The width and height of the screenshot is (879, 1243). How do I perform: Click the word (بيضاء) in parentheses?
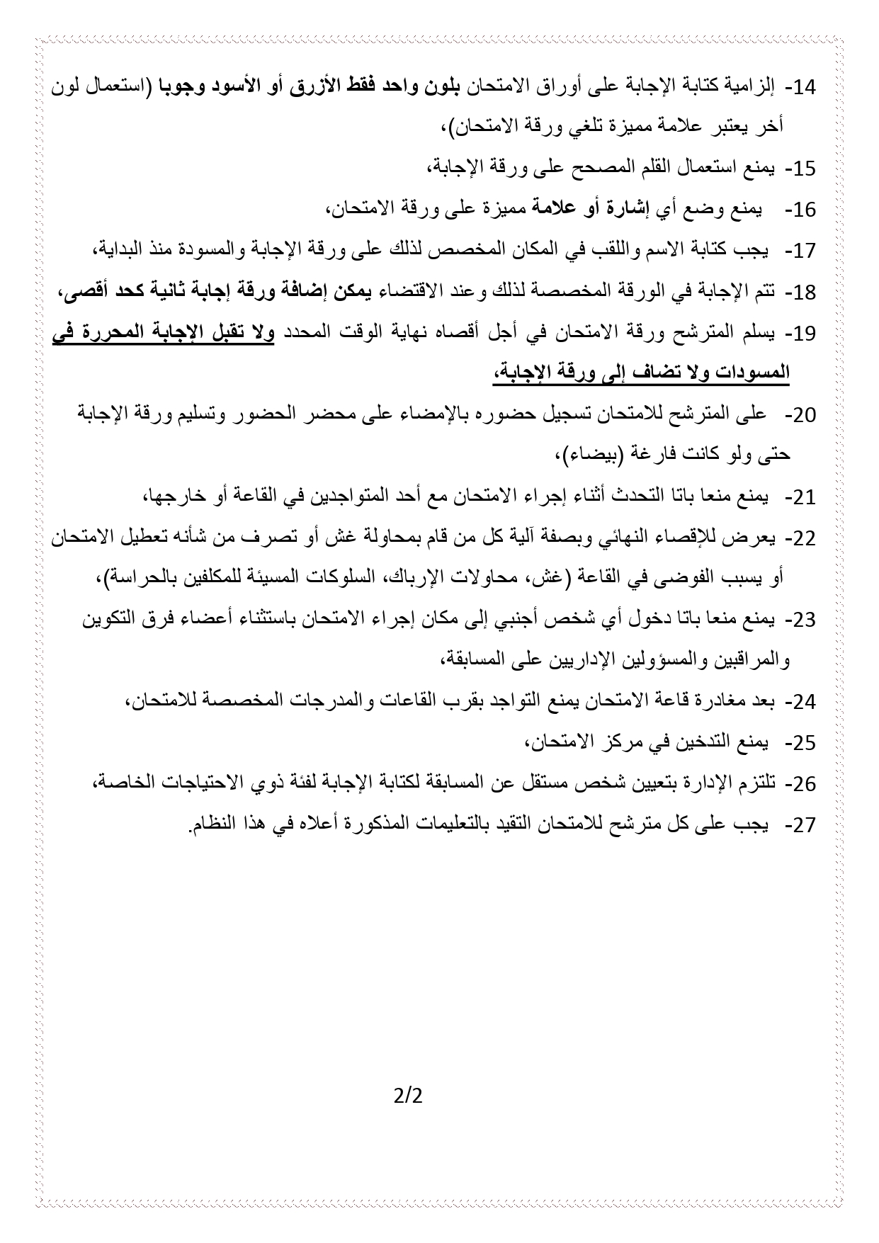[586, 455]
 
